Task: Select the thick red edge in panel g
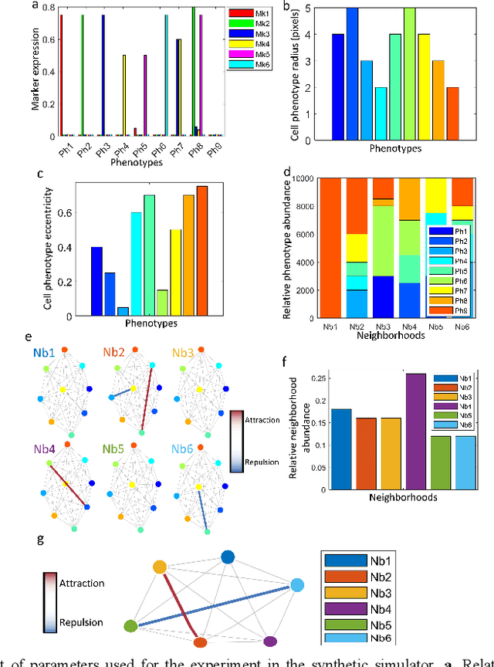click(180, 604)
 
